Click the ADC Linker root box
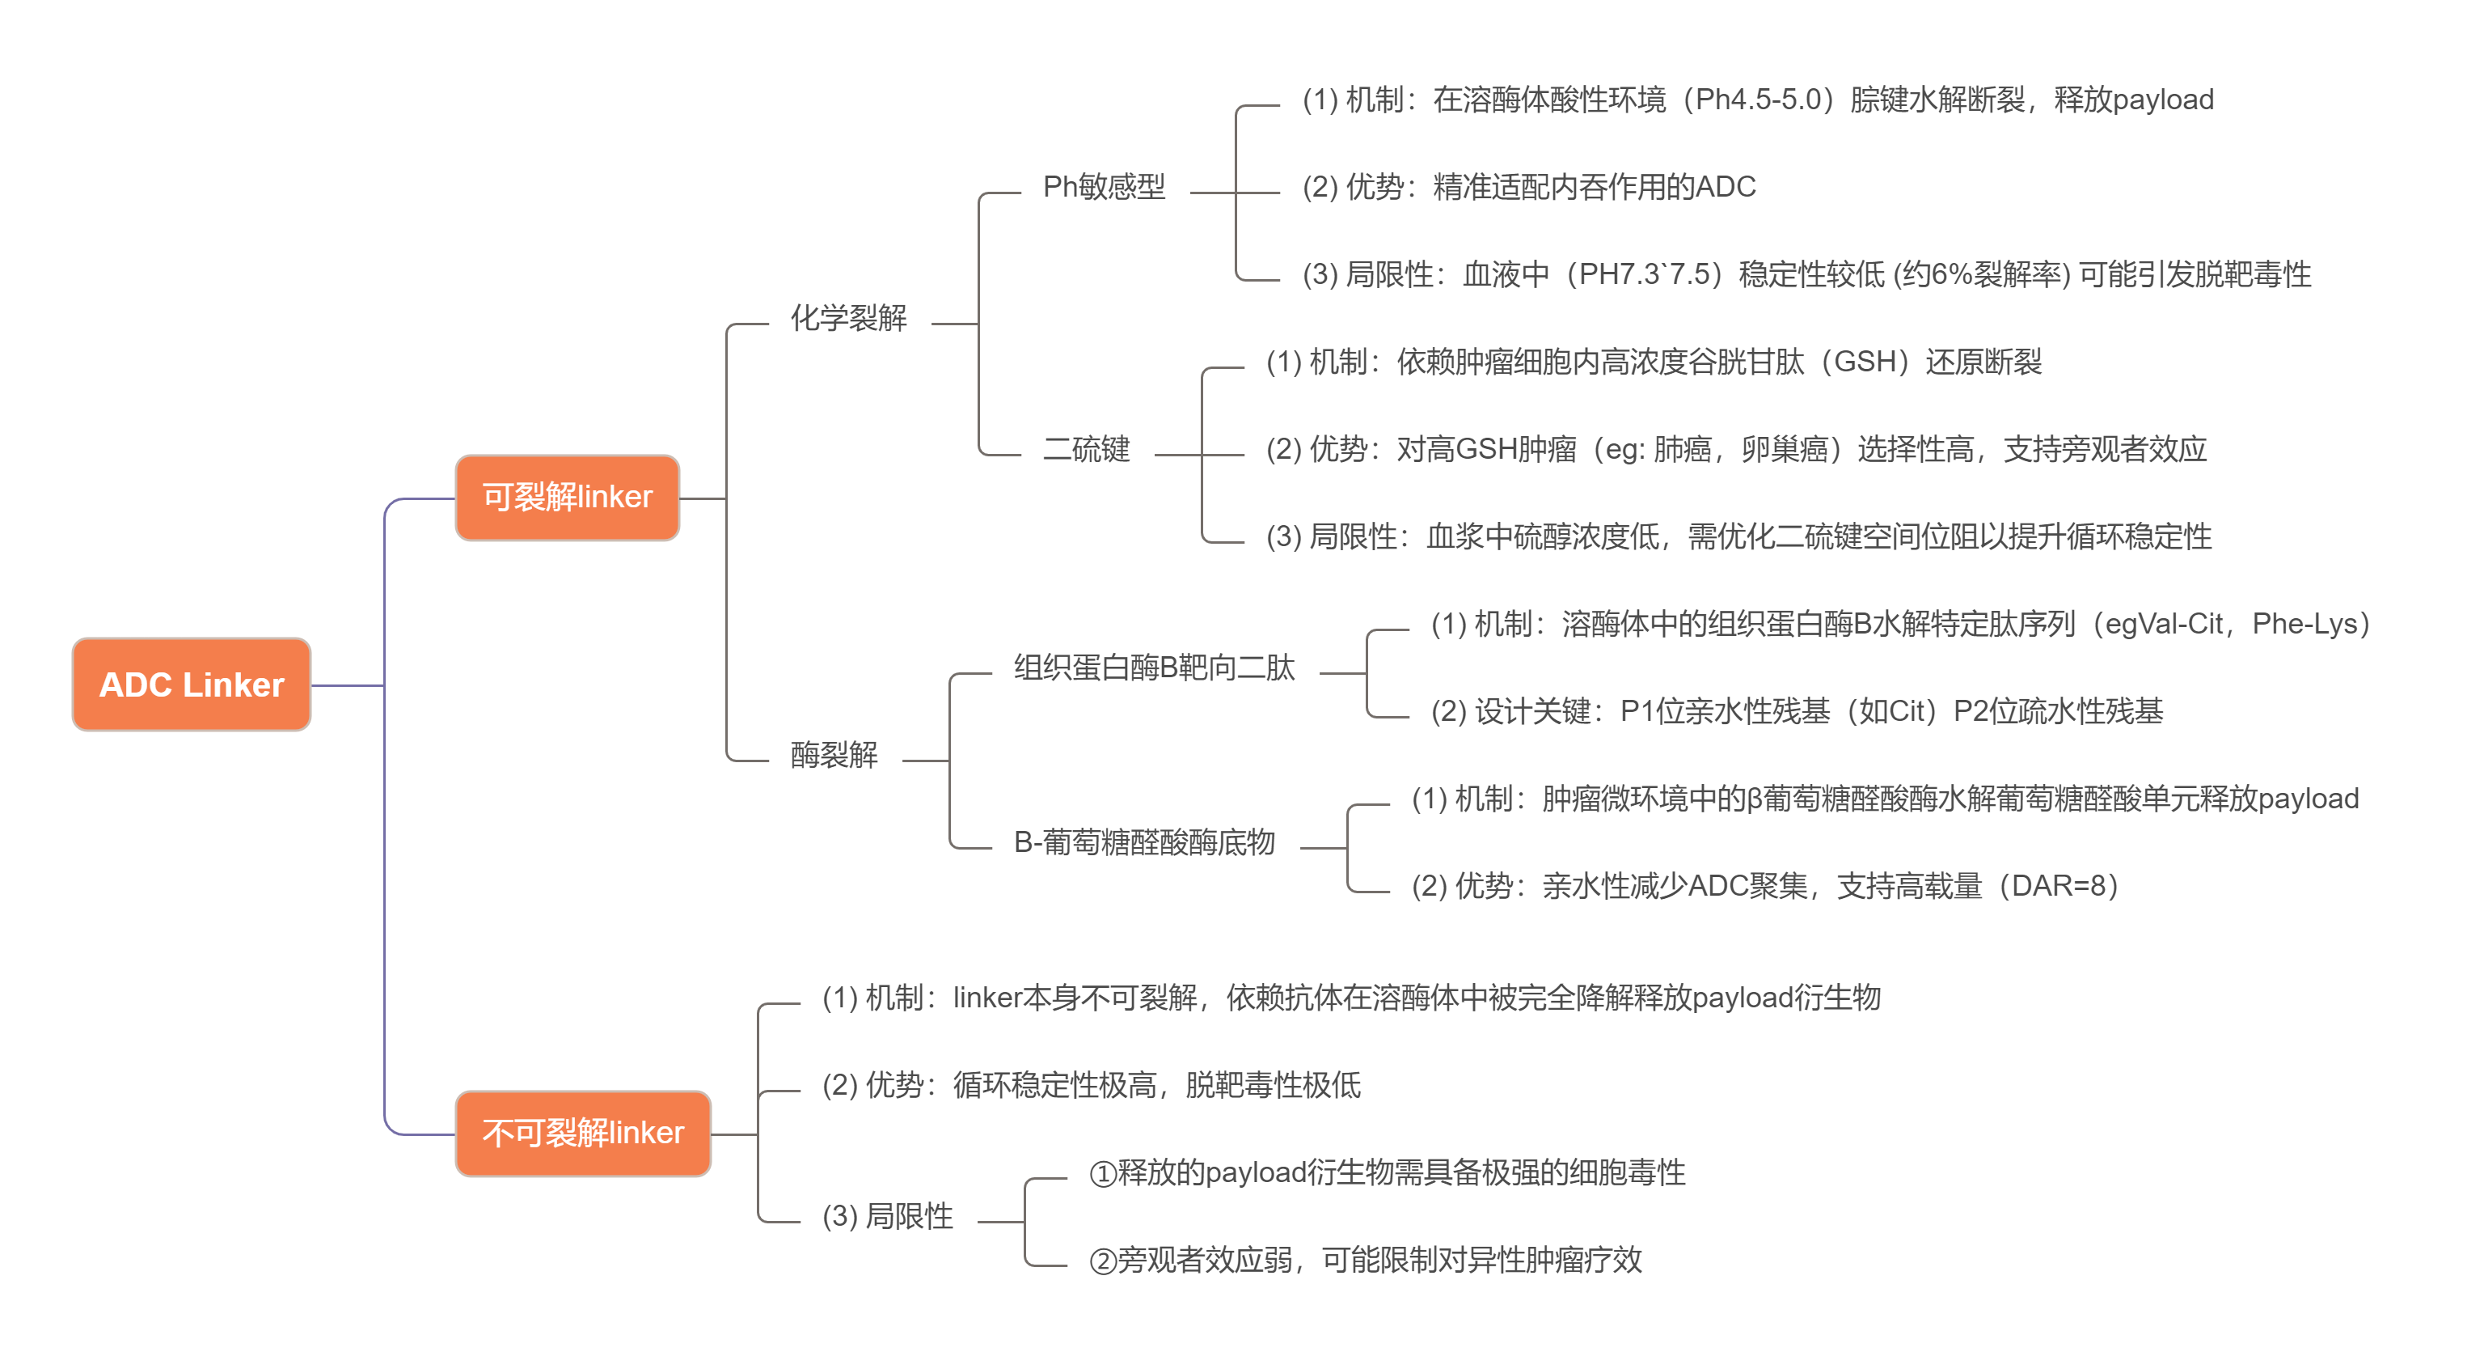click(191, 684)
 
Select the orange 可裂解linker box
click(567, 497)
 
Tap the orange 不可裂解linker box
click(582, 1133)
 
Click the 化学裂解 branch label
click(847, 317)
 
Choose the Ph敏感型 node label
click(1103, 186)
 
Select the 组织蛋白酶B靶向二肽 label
click(1153, 668)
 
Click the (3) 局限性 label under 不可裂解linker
click(887, 1215)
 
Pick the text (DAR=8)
click(2059, 886)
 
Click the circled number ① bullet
click(1102, 1173)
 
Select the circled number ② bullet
click(1102, 1260)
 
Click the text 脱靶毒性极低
click(1273, 1085)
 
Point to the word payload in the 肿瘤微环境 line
click(2308, 799)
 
